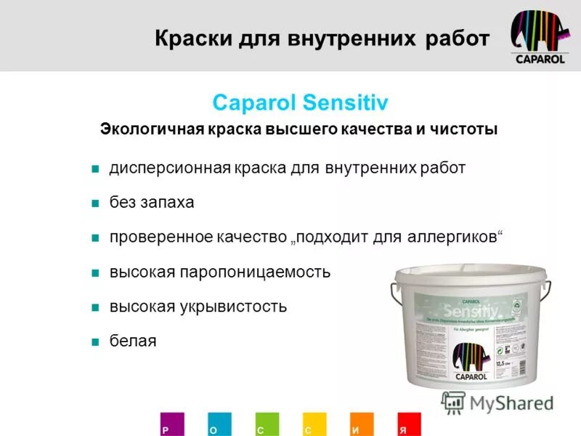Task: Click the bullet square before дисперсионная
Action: coord(94,169)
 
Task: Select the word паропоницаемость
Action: coord(253,272)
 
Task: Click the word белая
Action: coord(133,341)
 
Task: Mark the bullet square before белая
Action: coord(94,342)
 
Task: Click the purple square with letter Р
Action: coord(172,424)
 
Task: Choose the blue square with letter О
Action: coord(219,424)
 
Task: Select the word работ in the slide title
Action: coord(455,39)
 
